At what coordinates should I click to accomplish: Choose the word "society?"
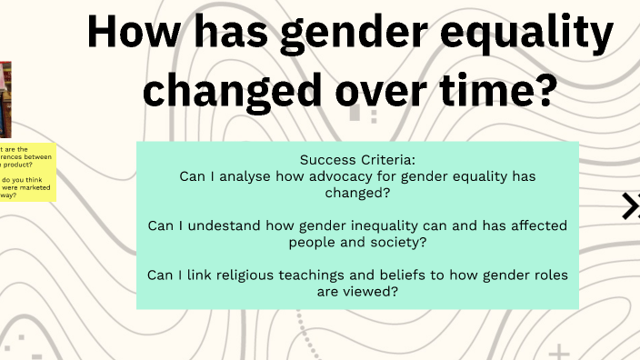point(395,242)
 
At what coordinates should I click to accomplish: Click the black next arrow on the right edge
point(631,206)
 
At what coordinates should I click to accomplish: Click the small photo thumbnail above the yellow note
point(5,95)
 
